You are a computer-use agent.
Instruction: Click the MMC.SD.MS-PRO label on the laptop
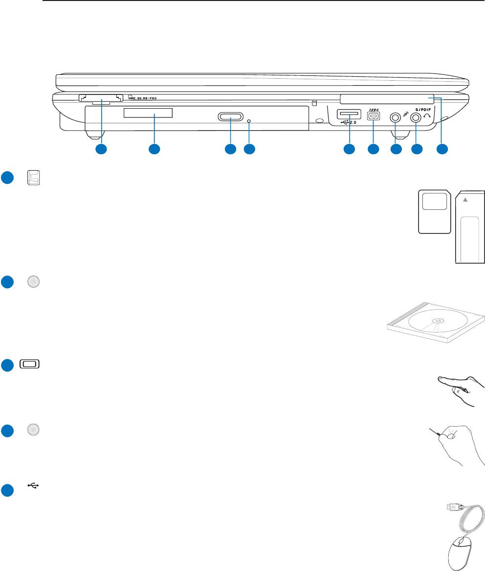pos(146,97)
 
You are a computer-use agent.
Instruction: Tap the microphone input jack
pos(395,117)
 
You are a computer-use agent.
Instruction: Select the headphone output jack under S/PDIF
pos(416,117)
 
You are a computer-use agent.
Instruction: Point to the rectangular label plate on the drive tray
pos(148,114)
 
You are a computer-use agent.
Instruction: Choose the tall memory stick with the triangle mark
pos(470,227)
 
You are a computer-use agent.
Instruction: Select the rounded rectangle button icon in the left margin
pos(30,364)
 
